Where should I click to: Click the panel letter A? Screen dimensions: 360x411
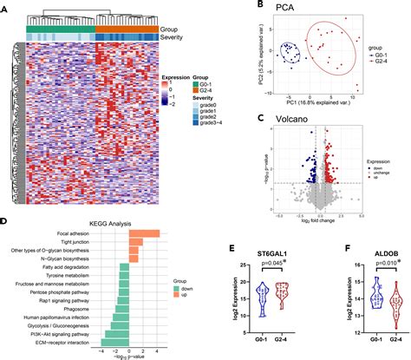[5, 6]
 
